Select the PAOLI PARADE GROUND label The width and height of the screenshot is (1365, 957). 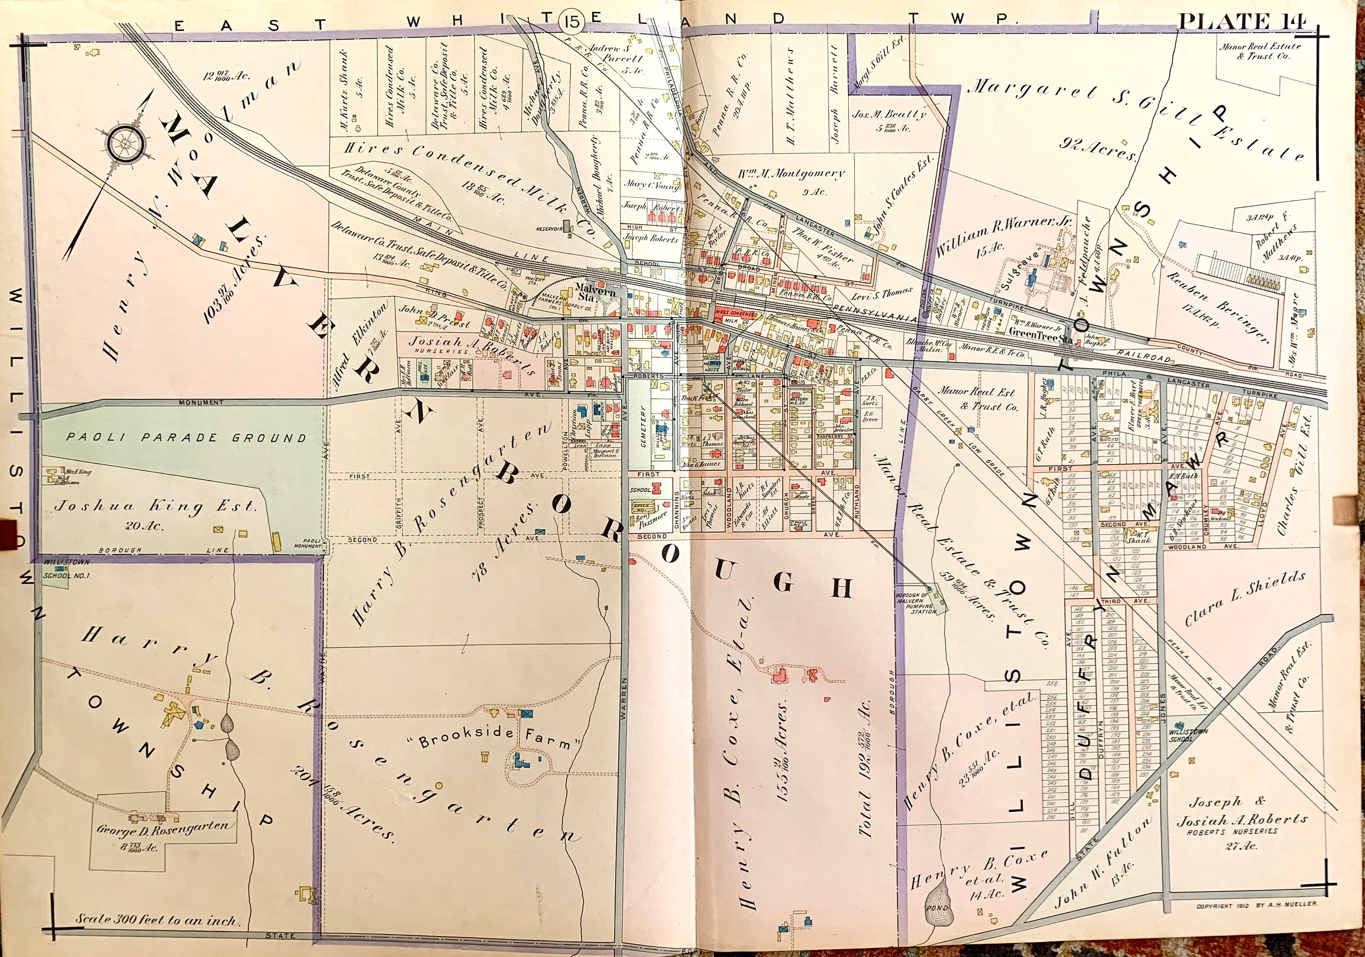click(x=186, y=438)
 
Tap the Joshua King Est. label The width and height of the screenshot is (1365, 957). click(x=156, y=507)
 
